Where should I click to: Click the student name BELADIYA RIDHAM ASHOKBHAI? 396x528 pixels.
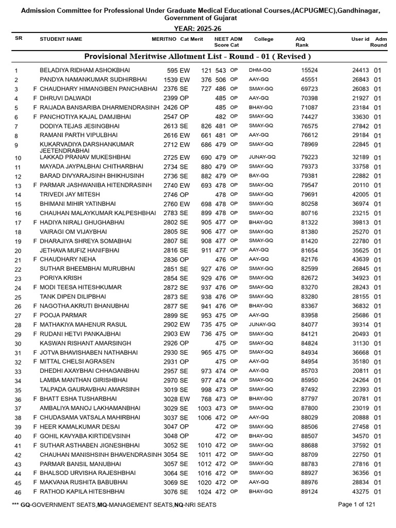tap(85, 70)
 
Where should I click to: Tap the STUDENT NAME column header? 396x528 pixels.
tap(61, 39)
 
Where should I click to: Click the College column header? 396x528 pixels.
tap(264, 39)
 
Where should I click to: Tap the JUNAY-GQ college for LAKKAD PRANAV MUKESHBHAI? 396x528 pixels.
tap(262, 157)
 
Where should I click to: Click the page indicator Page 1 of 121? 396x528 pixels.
tap(356, 504)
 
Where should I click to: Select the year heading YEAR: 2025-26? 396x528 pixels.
tap(197, 29)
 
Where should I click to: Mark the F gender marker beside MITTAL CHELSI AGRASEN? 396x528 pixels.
tap(35, 362)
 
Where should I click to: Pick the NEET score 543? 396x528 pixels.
tap(221, 70)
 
